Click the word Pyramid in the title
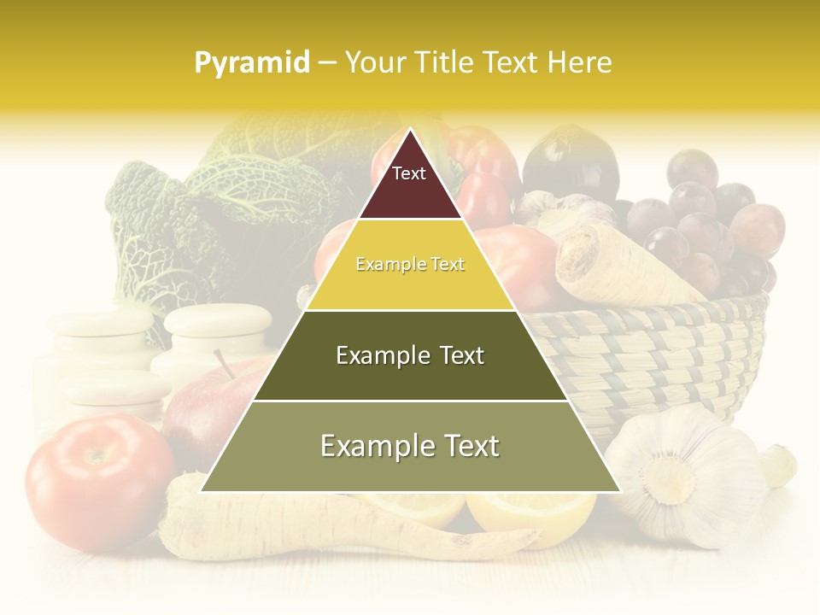click(x=252, y=62)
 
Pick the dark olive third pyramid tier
click(x=410, y=355)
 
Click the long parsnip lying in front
click(x=342, y=530)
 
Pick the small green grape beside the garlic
click(x=778, y=465)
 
